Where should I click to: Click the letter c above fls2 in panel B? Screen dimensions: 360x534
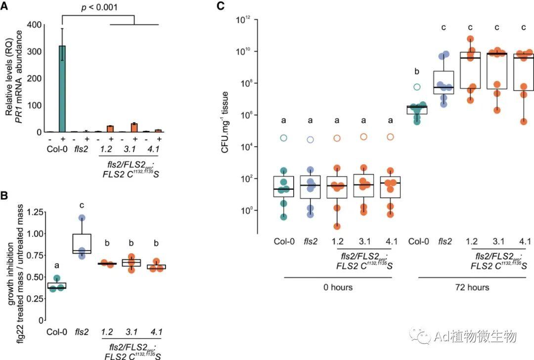pos(82,204)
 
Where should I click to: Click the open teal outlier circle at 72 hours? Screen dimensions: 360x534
pos(417,87)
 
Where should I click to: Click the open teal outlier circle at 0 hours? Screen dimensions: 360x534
pos(283,137)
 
